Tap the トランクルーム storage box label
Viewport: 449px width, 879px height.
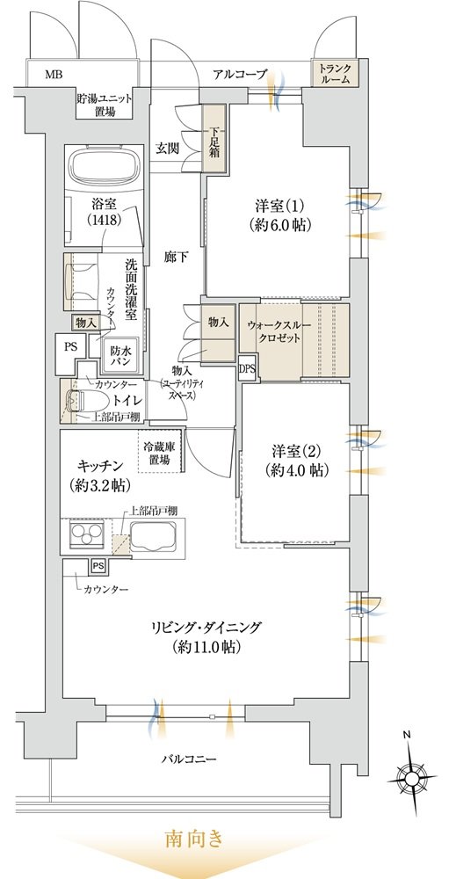pos(336,74)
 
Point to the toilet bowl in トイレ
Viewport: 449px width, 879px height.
pos(75,401)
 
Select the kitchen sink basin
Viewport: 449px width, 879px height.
pos(154,536)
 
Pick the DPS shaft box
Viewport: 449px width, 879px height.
pos(247,367)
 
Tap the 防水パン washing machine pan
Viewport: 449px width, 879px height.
pos(120,355)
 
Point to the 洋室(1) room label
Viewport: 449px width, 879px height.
pos(279,215)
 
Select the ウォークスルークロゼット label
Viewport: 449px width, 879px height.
pos(272,332)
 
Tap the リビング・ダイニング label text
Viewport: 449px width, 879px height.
pos(206,626)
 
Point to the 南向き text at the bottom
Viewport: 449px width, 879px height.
pos(194,839)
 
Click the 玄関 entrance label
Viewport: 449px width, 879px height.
pos(167,149)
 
